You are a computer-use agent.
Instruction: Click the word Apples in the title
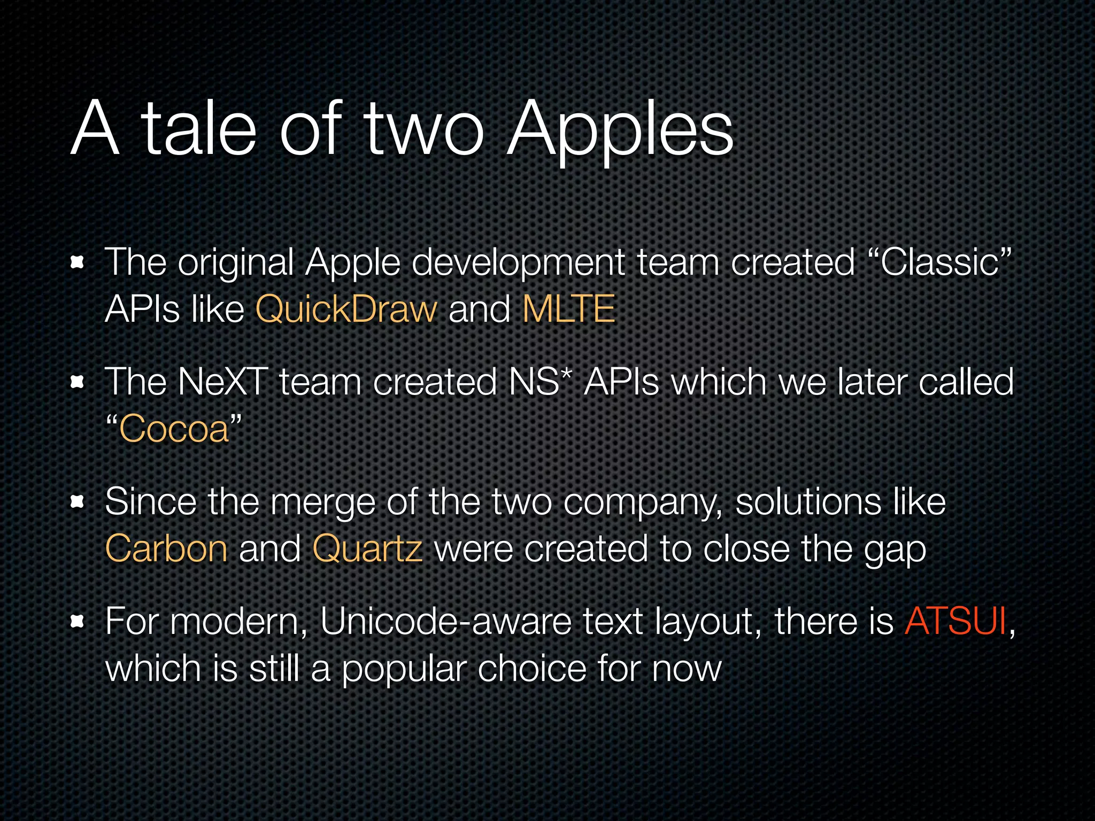point(620,131)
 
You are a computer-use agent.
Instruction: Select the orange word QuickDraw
point(346,309)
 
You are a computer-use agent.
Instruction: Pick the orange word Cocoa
point(174,429)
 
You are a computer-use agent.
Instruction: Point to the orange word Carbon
point(166,549)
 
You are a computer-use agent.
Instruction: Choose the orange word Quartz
point(367,549)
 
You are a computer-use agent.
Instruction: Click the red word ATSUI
point(955,622)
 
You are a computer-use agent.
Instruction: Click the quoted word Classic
point(940,262)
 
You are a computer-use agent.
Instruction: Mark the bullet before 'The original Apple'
point(78,262)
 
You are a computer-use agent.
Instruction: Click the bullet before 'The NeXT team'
point(78,382)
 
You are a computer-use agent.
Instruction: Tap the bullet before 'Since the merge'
point(78,502)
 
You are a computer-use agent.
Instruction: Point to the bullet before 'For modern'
point(78,622)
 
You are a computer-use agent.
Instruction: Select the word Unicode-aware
point(445,622)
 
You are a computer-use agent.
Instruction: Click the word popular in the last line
point(405,670)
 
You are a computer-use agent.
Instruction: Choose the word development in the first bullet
point(518,264)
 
